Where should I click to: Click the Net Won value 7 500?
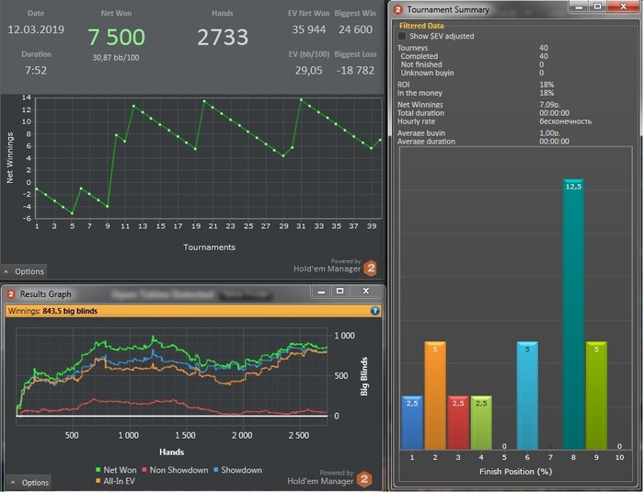tap(116, 37)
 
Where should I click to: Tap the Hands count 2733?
tap(223, 37)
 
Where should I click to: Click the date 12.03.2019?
tap(35, 29)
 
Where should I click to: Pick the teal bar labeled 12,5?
tap(573, 313)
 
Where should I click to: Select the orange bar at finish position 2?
tap(435, 396)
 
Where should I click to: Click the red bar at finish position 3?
tap(458, 422)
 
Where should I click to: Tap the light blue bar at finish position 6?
tap(527, 396)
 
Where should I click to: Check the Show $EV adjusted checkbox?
tap(402, 36)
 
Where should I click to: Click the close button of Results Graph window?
tap(366, 292)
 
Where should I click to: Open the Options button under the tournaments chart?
tap(25, 271)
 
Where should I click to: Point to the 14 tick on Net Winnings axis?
tap(28, 97)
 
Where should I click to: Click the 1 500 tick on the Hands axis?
tap(185, 435)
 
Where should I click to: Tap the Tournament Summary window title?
tap(448, 9)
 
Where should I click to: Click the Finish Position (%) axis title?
tap(514, 472)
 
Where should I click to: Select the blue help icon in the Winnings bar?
tap(374, 311)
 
